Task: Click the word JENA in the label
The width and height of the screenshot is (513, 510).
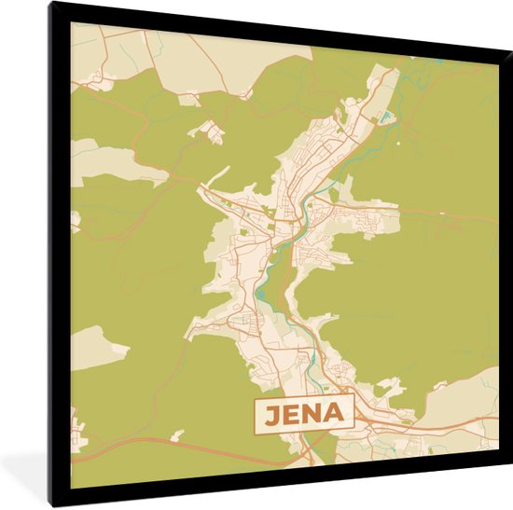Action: [x=303, y=414]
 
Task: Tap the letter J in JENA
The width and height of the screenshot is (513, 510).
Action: [x=270, y=414]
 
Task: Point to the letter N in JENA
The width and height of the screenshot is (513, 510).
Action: [x=312, y=414]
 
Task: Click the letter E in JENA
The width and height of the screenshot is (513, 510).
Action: [x=290, y=414]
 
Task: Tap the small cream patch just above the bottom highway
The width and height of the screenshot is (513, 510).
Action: [x=177, y=434]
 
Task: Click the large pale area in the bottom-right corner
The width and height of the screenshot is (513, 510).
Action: [x=476, y=392]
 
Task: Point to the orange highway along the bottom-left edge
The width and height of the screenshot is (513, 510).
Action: [x=140, y=447]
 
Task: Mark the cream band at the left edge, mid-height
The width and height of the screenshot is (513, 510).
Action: [x=103, y=161]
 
